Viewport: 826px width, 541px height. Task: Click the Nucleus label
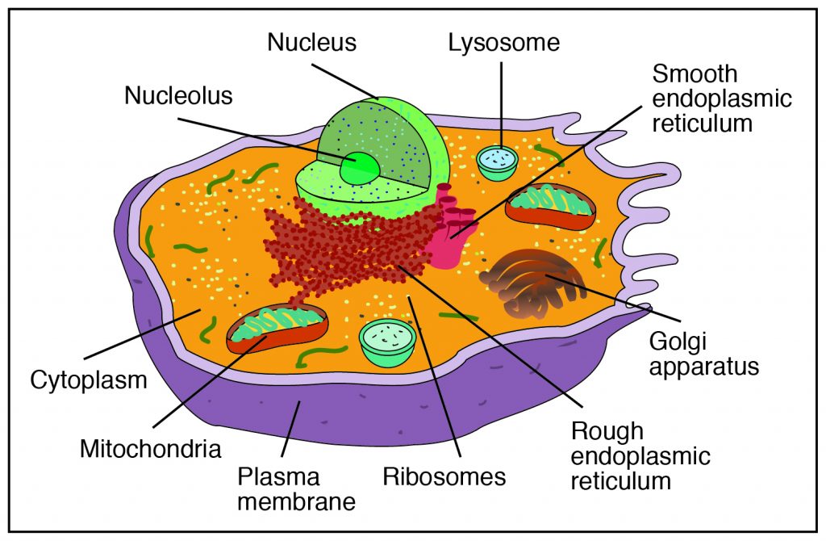tap(313, 41)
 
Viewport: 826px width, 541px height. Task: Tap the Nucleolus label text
tap(178, 95)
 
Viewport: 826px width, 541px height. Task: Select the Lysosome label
tap(504, 41)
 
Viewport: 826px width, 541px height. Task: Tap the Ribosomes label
tap(444, 476)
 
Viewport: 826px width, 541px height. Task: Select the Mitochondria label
tap(150, 448)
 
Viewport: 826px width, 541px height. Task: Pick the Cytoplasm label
tap(89, 379)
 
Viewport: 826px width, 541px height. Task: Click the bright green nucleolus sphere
tap(359, 169)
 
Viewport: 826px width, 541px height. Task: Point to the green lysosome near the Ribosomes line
tap(387, 340)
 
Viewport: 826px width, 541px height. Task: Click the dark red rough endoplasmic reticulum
tap(347, 250)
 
